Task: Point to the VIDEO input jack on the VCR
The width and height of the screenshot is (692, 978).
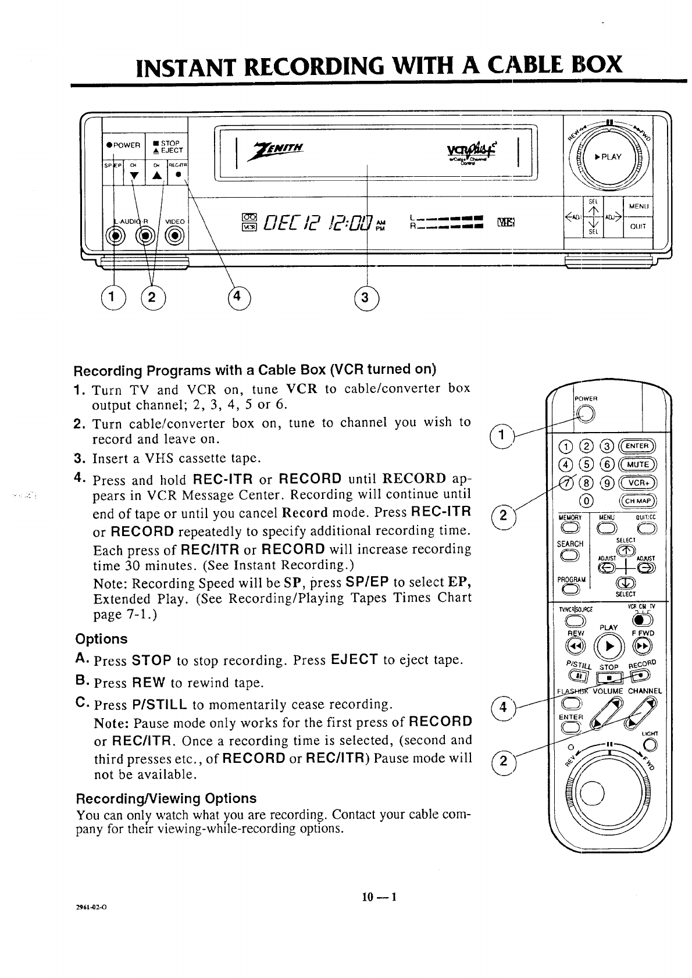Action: [174, 235]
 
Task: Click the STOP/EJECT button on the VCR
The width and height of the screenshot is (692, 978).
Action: [166, 146]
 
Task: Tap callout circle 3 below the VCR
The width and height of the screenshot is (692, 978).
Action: [365, 298]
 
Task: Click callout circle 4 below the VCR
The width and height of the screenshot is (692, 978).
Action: [237, 297]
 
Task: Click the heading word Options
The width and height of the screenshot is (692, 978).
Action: [101, 639]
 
